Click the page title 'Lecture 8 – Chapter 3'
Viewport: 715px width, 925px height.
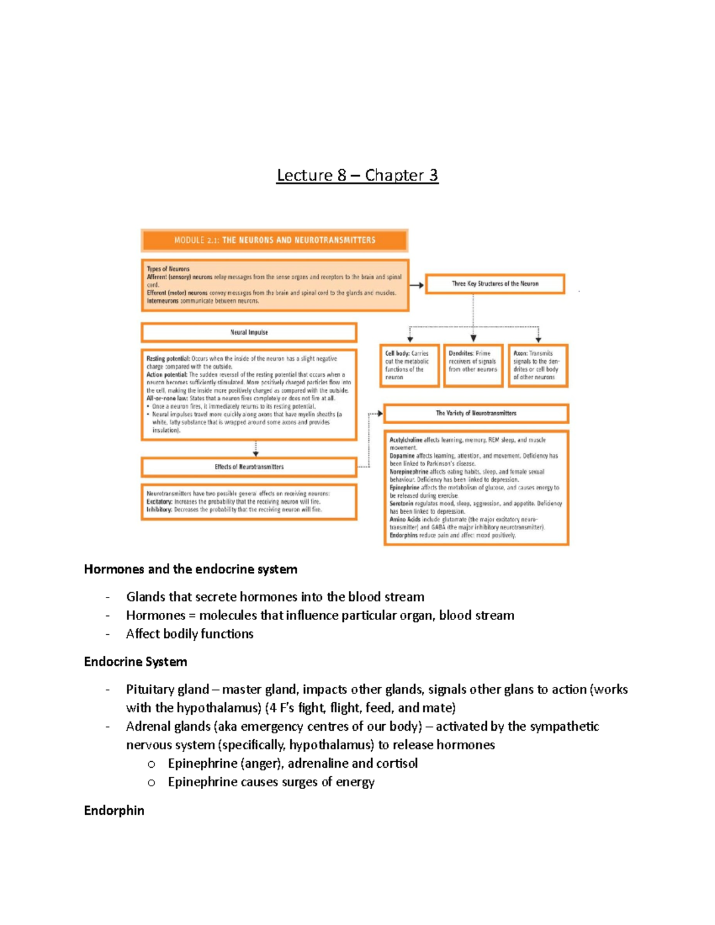(x=357, y=175)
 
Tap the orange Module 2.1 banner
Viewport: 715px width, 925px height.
(x=275, y=240)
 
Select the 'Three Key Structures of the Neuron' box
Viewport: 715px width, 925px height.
(x=495, y=284)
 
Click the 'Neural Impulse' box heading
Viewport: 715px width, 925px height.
(x=249, y=332)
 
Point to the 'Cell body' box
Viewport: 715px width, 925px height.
(x=409, y=365)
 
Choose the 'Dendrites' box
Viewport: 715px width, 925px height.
(x=473, y=365)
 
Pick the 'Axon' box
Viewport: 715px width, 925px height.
(x=537, y=365)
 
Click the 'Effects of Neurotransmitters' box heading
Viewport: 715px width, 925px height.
(x=249, y=467)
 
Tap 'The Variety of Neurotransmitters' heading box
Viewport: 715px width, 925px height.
(x=476, y=413)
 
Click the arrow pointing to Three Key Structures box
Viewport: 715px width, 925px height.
(x=417, y=285)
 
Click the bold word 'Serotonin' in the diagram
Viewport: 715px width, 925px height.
(x=402, y=503)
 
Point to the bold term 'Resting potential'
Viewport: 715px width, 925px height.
(x=168, y=359)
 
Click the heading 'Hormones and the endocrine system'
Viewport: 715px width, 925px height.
(x=191, y=569)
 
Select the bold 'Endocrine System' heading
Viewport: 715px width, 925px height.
(x=135, y=662)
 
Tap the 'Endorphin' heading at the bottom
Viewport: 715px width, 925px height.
(x=114, y=810)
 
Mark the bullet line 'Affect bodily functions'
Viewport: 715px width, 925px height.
(x=189, y=634)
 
